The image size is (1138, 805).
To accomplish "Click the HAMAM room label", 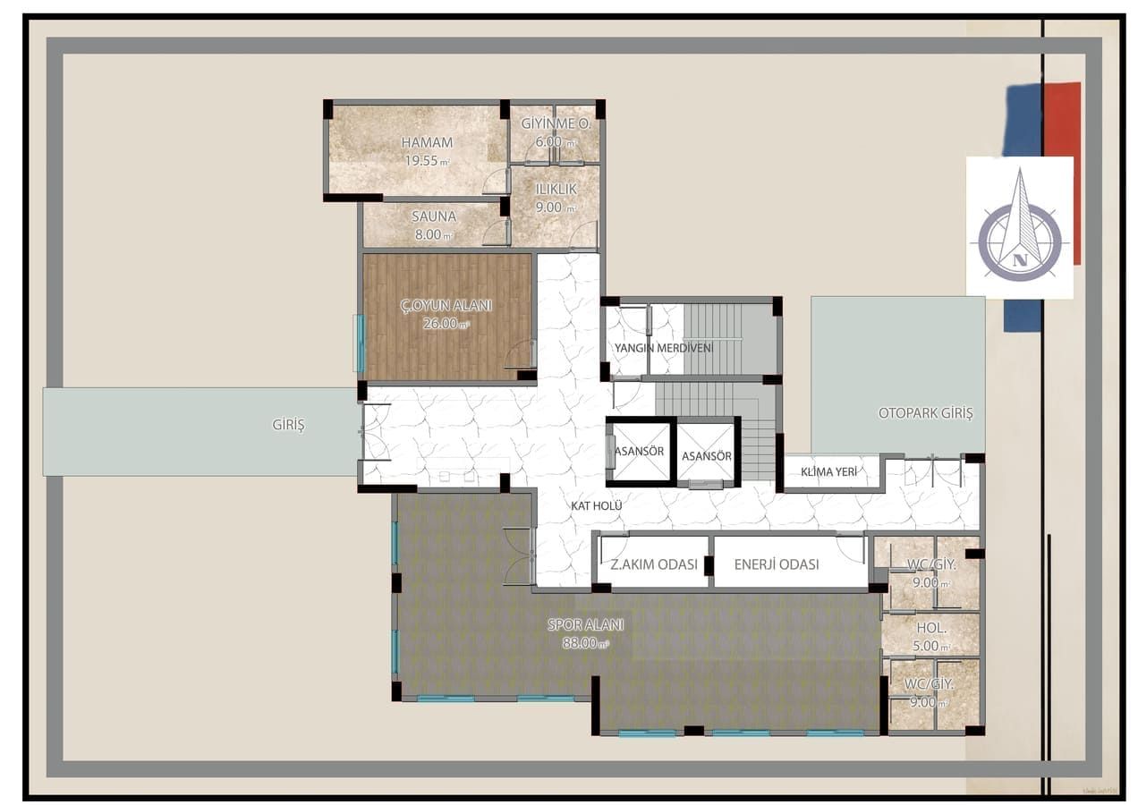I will click(426, 142).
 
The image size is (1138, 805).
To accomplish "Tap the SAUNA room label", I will click(434, 216).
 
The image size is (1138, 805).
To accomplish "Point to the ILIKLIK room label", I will click(556, 190).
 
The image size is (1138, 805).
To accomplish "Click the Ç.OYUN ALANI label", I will click(446, 305).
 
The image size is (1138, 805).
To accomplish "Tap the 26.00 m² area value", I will click(445, 324).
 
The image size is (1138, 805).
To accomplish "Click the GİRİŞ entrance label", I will click(288, 426).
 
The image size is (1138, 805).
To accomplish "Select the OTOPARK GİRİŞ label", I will click(925, 414).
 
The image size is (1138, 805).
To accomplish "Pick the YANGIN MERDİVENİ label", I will click(663, 347).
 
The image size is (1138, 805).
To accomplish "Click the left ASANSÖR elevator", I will click(639, 452).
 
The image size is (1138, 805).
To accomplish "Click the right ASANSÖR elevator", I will click(706, 456).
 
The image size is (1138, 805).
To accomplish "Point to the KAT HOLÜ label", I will click(597, 505).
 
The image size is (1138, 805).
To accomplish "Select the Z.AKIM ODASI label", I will click(653, 564).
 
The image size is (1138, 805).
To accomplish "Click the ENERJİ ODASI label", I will click(776, 564).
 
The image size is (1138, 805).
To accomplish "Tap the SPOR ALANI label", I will click(585, 625).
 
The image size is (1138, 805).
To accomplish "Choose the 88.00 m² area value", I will click(584, 643).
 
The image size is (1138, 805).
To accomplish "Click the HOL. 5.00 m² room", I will click(930, 635).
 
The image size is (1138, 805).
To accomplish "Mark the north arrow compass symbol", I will click(1019, 229).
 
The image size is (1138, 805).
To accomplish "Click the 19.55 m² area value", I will click(426, 161).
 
